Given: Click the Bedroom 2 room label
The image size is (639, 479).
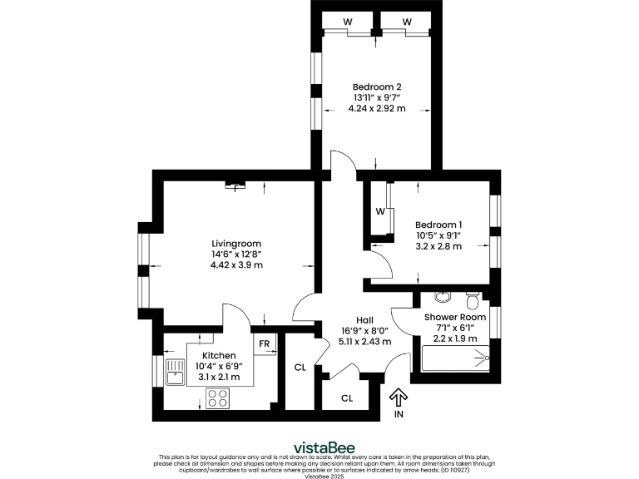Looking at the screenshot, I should click(x=377, y=86).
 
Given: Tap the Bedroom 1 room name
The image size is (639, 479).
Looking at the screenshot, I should click(x=438, y=225).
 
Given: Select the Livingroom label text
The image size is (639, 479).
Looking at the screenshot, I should click(x=236, y=243).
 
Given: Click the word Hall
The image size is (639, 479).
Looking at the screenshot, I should click(x=364, y=319).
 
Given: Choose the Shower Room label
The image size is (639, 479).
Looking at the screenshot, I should click(x=454, y=317).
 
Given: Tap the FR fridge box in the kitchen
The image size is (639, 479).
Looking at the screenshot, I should click(x=264, y=344).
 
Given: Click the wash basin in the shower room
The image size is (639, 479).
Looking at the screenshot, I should click(x=442, y=296).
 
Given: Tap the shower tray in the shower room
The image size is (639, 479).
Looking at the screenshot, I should click(x=455, y=358).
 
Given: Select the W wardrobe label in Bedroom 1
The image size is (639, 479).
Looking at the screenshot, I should click(x=379, y=210).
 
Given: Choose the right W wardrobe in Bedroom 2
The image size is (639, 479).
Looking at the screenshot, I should click(x=407, y=21).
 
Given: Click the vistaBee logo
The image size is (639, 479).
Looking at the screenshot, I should click(x=319, y=444).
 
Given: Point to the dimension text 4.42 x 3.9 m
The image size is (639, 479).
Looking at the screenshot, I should click(x=236, y=265).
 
